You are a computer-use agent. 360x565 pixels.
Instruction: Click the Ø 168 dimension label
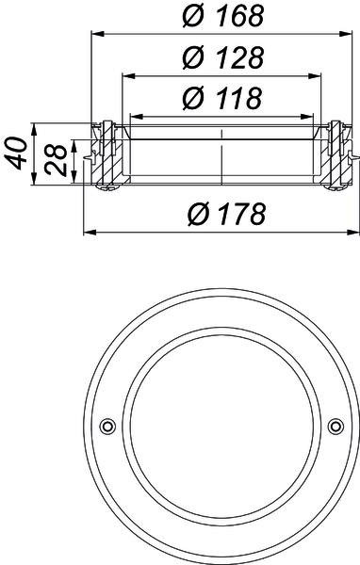click(x=223, y=15)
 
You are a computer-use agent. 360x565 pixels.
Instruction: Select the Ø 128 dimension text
click(x=223, y=57)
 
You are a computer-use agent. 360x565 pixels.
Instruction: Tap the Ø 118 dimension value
click(x=221, y=98)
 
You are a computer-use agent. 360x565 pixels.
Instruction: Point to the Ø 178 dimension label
click(x=226, y=214)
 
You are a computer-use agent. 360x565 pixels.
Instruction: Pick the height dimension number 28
click(x=56, y=160)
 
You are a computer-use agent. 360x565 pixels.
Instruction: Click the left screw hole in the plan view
click(x=107, y=427)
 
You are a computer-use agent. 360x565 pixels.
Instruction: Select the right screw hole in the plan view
click(x=335, y=427)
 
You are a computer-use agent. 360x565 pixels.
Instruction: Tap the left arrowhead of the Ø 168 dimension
click(x=97, y=34)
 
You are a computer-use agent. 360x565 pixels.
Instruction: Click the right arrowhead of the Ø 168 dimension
click(x=345, y=34)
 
